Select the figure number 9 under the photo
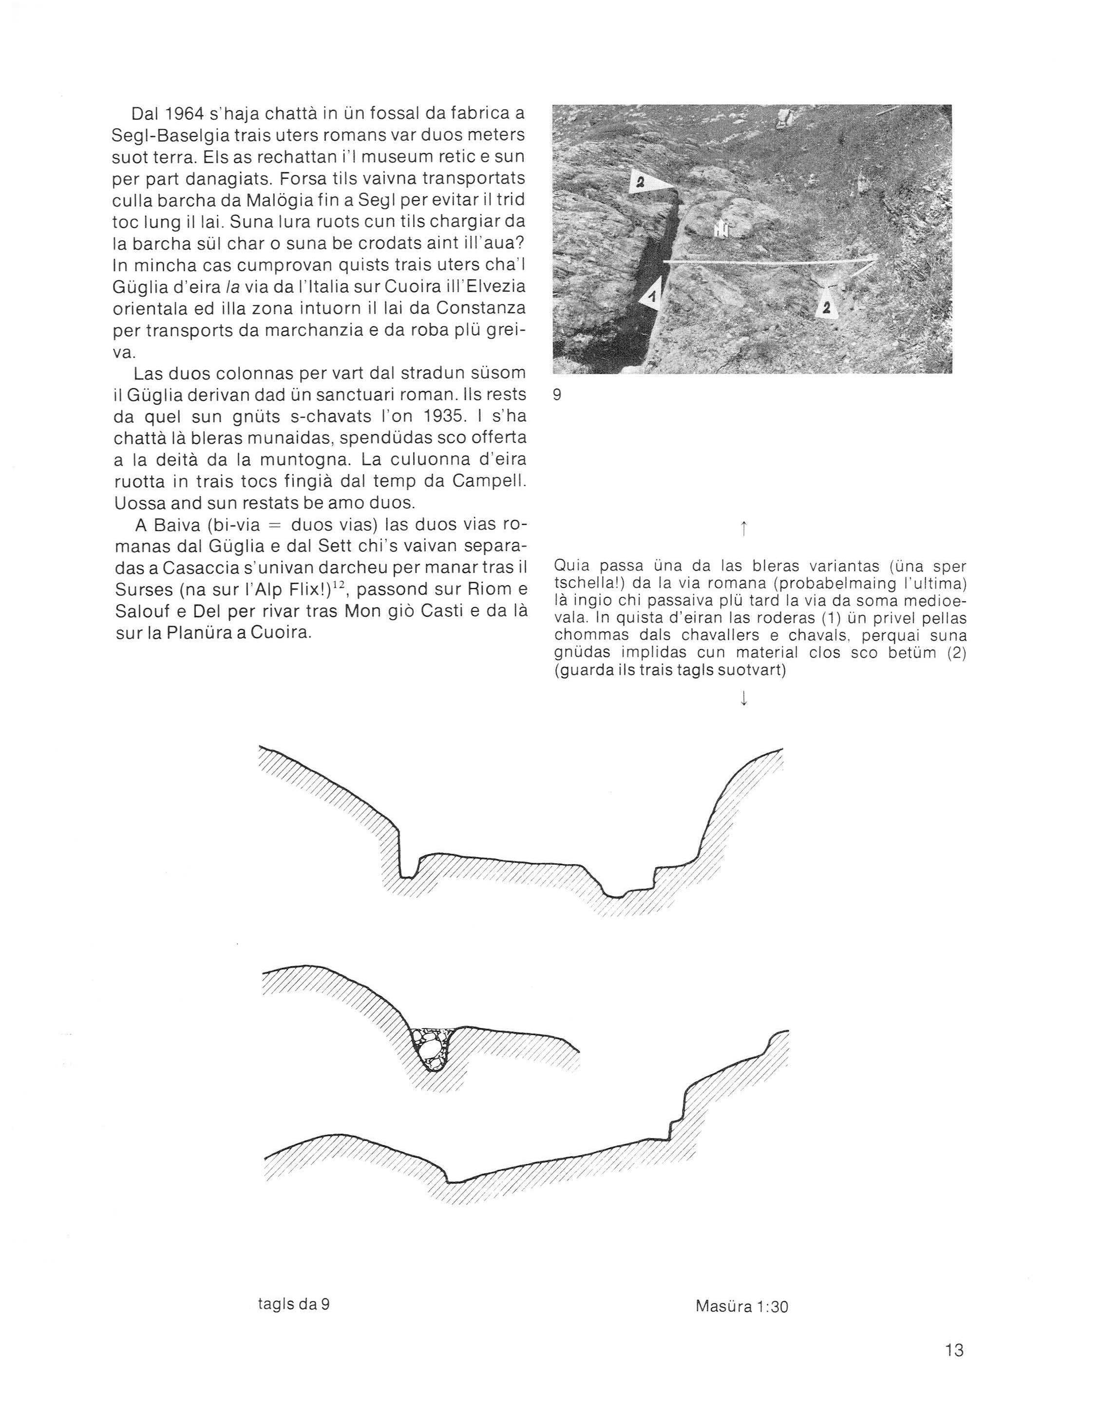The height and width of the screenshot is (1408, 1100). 557,395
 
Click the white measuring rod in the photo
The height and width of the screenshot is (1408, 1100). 767,263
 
